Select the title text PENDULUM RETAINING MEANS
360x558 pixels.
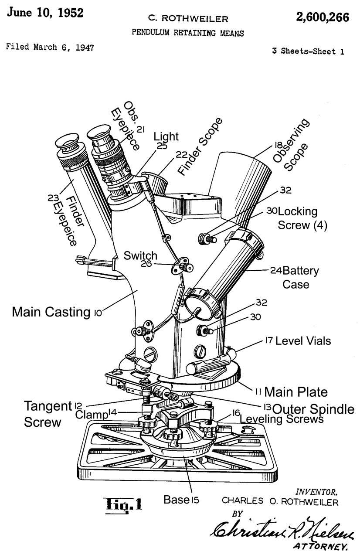[189, 33]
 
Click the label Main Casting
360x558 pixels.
[52, 312]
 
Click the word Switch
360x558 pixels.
[140, 255]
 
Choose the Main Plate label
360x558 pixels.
[296, 391]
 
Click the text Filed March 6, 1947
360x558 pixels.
[50, 47]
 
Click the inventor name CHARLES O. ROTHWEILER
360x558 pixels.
[280, 501]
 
